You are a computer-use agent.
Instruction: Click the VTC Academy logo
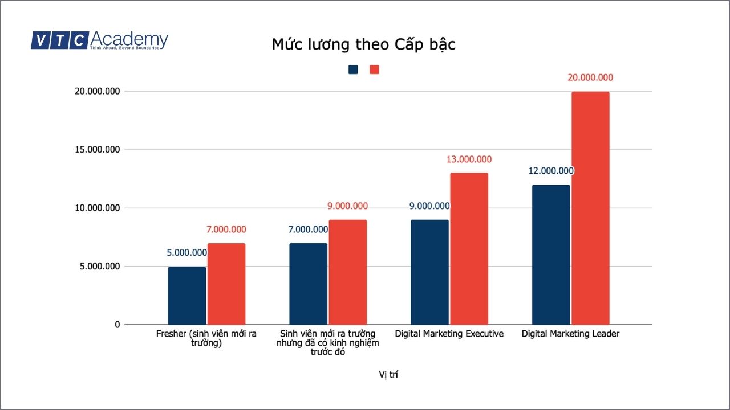click(99, 40)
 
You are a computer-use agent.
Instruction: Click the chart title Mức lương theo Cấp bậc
click(364, 44)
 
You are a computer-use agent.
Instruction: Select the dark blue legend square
click(354, 69)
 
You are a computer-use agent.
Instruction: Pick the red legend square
click(375, 69)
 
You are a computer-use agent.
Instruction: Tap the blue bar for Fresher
click(187, 296)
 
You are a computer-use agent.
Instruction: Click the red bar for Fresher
click(226, 284)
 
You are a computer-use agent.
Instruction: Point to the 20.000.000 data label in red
click(590, 78)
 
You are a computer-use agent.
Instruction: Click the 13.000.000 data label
click(469, 159)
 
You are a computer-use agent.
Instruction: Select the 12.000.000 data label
click(551, 171)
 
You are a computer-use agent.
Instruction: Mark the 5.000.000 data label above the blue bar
click(187, 253)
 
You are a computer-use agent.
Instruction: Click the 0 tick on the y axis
click(117, 325)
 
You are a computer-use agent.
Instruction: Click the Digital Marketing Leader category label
click(570, 334)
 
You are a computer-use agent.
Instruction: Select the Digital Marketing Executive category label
click(449, 334)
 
